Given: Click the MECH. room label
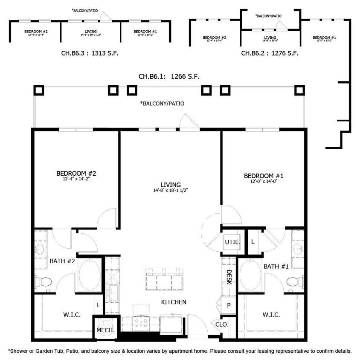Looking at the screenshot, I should click(x=105, y=331).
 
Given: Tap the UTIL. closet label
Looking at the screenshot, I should click(x=232, y=242).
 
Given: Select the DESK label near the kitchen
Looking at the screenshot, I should click(x=229, y=277).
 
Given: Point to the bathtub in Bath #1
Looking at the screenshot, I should click(x=249, y=276).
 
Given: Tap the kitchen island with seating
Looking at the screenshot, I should click(x=165, y=279).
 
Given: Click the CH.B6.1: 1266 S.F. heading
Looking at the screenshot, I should click(x=169, y=77).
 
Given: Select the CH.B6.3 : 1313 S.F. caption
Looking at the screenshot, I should click(x=90, y=54).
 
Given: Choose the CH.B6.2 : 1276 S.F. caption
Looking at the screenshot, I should click(x=270, y=54).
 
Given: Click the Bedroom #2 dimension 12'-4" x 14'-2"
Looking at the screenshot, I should click(x=76, y=179).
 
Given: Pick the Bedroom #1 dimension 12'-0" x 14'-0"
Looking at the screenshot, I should click(x=264, y=181).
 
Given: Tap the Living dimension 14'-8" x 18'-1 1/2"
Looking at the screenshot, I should click(x=171, y=190).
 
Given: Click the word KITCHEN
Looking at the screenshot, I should click(x=174, y=302).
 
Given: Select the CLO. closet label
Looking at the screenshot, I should click(x=222, y=325).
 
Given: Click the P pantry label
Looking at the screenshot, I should click(x=229, y=305).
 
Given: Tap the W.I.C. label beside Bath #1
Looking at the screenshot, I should click(x=271, y=315).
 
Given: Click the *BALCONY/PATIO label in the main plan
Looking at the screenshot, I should click(x=162, y=104).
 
